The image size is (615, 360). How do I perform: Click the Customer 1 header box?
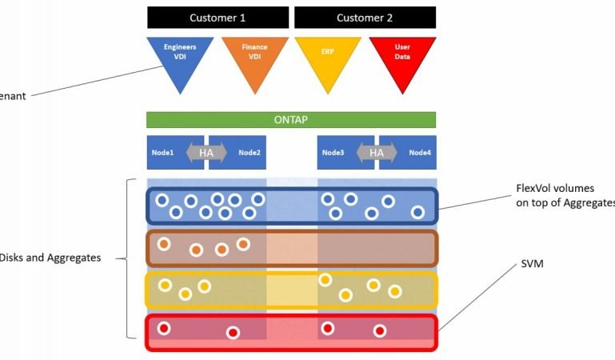[218, 18]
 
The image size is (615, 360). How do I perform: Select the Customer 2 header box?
[365, 18]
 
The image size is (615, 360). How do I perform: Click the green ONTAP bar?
[291, 120]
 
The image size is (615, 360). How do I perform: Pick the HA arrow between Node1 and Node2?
[206, 153]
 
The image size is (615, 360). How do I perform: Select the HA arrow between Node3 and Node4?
[377, 153]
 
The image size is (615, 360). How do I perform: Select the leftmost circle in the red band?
[164, 328]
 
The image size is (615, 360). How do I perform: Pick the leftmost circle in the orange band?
[164, 244]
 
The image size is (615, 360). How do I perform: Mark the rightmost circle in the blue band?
[417, 212]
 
